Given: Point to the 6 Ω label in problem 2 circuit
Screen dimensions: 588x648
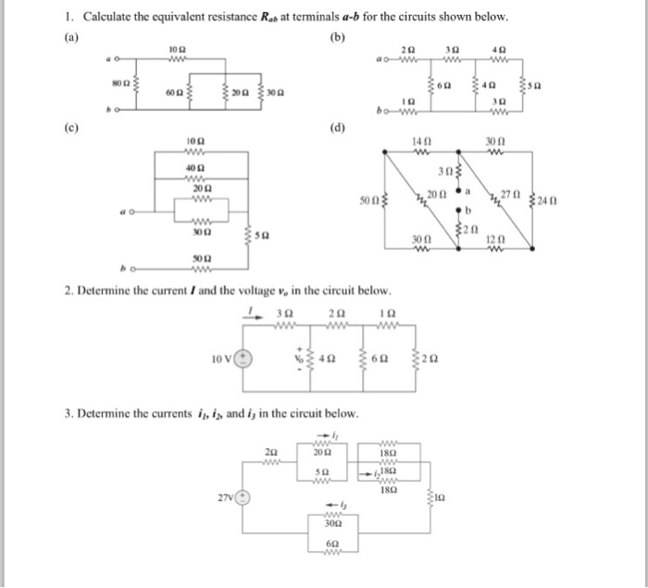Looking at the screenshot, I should click(379, 359).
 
